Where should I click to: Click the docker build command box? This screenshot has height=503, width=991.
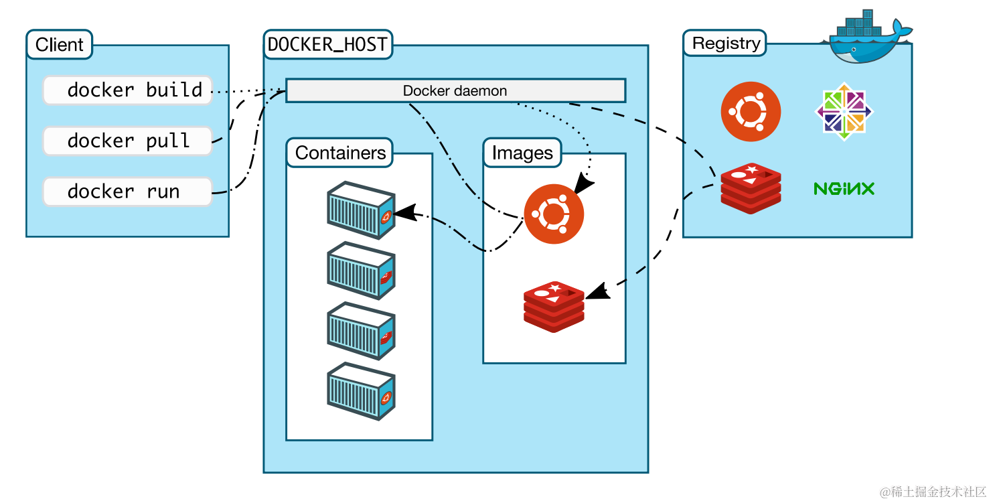pos(127,90)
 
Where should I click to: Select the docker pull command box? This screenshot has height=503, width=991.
pos(127,141)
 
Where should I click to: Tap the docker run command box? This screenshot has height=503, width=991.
pos(127,192)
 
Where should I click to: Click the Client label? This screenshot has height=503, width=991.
pos(60,45)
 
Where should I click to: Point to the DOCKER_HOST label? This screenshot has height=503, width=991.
pos(327,44)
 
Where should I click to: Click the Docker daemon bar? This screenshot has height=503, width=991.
pos(455,90)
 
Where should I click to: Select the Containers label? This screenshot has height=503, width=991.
pos(340,153)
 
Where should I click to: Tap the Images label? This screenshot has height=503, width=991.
pos(522,153)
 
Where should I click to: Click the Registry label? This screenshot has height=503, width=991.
pos(726,44)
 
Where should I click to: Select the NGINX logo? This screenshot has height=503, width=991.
pos(844,189)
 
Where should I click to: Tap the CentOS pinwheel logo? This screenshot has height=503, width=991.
pos(844,111)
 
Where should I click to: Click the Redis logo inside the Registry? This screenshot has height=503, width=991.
pos(751,188)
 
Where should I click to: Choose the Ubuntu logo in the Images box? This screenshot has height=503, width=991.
pos(554,214)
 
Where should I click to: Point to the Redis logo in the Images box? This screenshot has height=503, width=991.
pos(554,306)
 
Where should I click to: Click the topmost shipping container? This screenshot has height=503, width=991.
pos(360,210)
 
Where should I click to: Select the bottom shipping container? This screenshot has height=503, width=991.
pos(360,391)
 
